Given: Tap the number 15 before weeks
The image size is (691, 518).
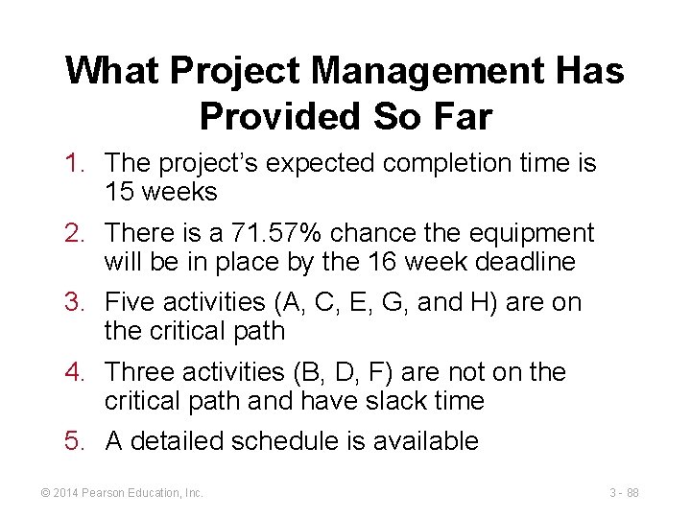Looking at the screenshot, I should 120,192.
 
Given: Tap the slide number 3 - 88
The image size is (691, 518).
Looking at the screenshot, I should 624,493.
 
